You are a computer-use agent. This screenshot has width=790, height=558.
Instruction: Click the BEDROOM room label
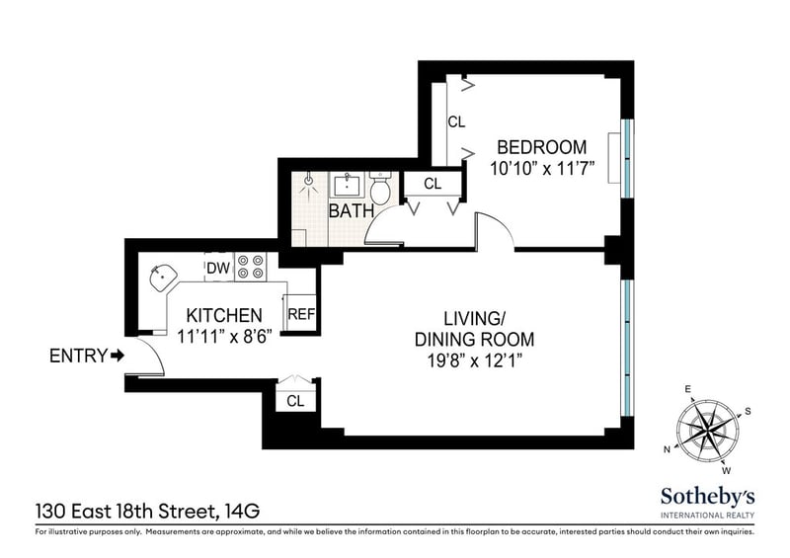tap(541, 147)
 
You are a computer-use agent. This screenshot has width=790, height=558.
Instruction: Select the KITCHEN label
tap(224, 316)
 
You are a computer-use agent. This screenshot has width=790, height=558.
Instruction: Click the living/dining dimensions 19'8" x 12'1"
tap(475, 360)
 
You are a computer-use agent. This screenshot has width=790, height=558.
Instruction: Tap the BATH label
tap(352, 210)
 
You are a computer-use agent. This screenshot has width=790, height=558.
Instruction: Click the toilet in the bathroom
tap(380, 188)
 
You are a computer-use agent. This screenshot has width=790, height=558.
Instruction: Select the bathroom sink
tap(348, 185)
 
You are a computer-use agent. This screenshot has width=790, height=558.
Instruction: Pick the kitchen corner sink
tap(163, 278)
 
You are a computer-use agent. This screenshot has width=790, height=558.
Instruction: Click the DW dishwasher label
tap(218, 269)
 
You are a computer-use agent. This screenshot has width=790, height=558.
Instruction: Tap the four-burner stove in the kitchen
tap(251, 267)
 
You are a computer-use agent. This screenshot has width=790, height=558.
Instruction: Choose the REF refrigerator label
tap(301, 314)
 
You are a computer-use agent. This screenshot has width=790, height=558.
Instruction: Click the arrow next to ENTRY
tap(118, 356)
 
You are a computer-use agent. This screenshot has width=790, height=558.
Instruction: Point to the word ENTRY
tap(79, 356)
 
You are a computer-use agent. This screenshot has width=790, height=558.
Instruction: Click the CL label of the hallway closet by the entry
tap(295, 401)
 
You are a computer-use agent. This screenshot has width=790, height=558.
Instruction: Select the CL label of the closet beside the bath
tap(433, 184)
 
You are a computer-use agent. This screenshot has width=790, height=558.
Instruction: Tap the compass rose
tap(707, 429)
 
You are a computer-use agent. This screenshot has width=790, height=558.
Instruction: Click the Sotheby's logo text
tap(707, 496)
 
